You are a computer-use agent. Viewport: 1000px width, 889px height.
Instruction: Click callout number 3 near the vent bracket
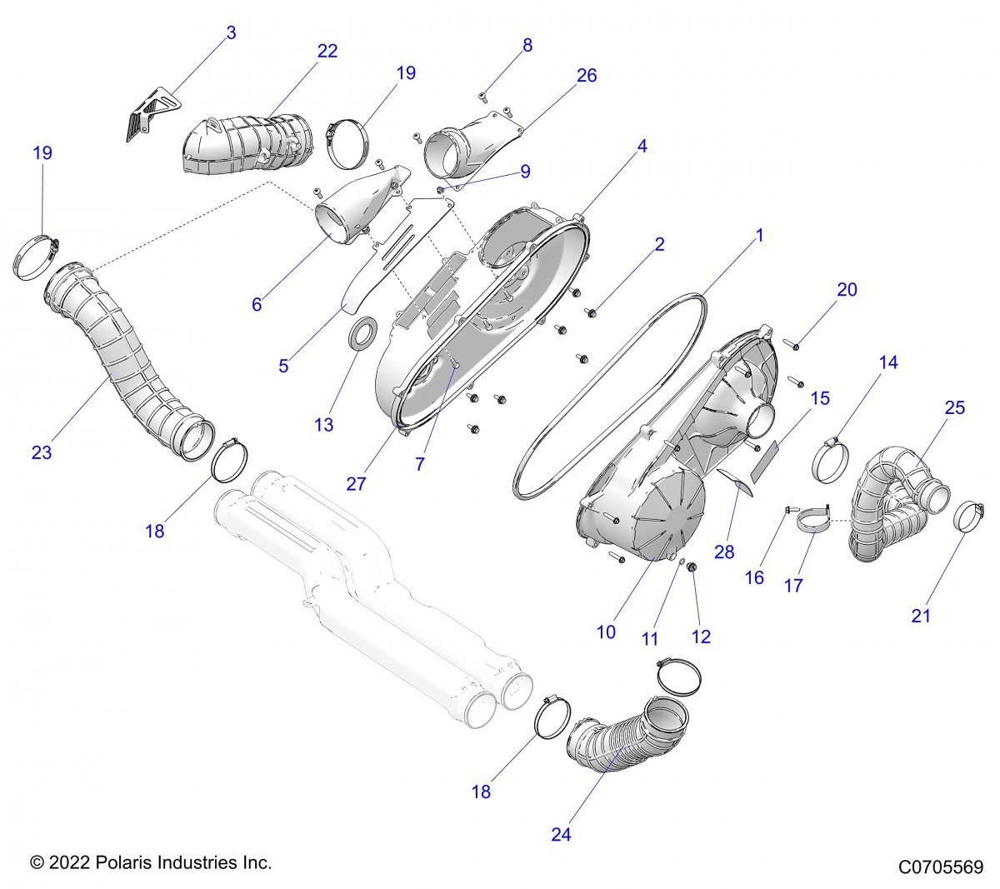231,33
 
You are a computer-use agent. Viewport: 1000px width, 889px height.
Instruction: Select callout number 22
327,52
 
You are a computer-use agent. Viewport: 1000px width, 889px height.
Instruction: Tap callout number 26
587,76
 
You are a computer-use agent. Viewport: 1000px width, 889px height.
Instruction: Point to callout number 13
324,425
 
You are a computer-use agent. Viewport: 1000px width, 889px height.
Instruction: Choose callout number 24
561,834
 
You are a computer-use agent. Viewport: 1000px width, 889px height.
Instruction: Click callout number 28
724,552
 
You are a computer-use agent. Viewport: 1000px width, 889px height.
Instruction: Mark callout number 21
921,616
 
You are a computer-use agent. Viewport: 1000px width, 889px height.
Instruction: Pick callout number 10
606,632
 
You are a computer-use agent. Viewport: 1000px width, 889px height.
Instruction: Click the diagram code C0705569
941,867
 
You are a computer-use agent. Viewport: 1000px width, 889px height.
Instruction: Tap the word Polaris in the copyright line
124,862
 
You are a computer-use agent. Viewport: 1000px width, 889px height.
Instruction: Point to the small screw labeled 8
483,97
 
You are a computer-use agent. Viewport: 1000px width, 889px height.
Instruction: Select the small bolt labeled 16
788,510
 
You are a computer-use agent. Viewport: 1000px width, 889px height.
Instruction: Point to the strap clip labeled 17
813,519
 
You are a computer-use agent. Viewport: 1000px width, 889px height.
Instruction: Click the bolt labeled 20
791,344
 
